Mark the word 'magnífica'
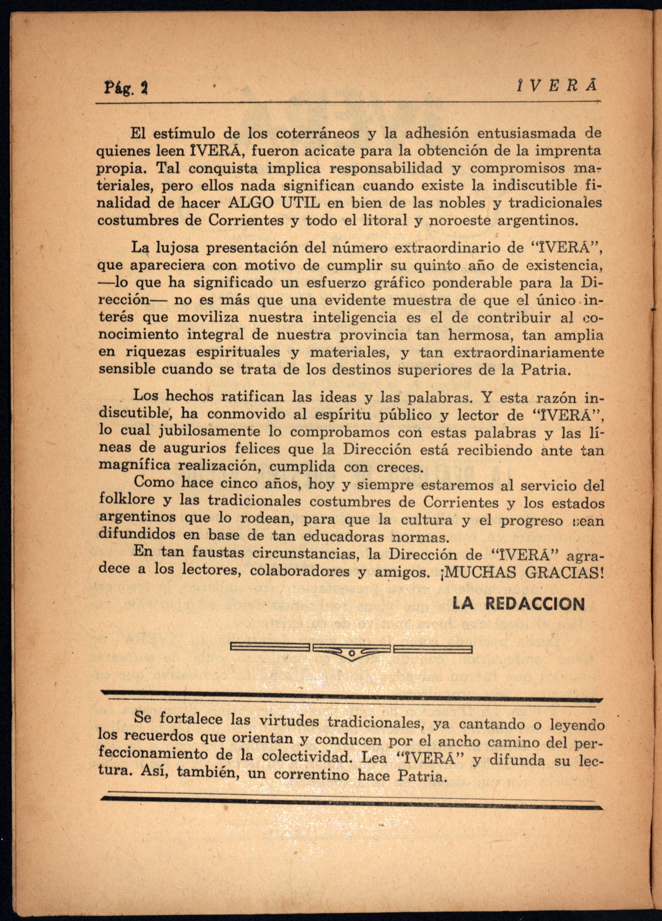point(129,465)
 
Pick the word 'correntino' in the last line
point(311,775)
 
